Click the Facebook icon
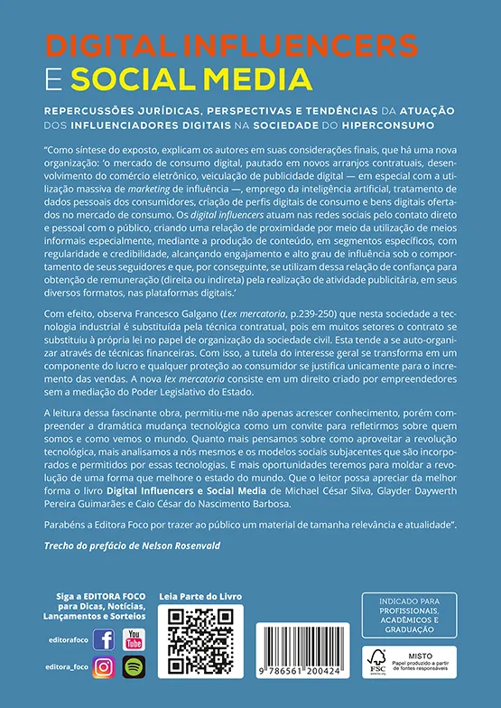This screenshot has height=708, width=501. (104, 640)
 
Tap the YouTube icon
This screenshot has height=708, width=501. (134, 640)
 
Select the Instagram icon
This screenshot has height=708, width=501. (104, 668)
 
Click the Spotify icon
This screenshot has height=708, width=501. (134, 668)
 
